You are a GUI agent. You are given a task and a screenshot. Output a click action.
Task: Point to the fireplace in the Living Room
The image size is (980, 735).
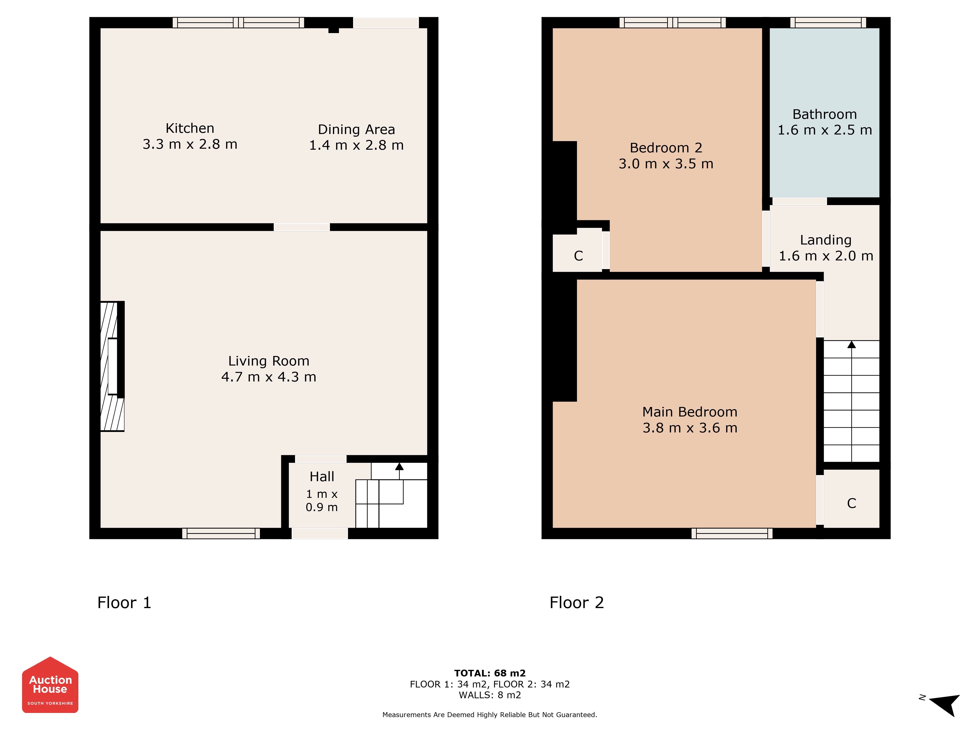(112, 366)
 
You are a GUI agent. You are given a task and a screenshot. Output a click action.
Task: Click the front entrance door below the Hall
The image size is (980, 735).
(319, 533)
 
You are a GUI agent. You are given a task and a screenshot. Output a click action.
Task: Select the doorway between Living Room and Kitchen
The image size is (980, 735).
(302, 227)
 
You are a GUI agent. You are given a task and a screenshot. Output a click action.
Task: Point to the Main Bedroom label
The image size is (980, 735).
(690, 412)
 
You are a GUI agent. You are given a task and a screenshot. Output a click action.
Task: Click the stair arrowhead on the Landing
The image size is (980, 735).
(852, 344)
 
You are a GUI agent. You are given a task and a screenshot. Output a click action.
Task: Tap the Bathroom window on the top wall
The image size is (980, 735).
(828, 23)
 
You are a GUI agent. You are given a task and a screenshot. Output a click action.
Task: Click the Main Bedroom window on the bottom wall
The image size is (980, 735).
(732, 533)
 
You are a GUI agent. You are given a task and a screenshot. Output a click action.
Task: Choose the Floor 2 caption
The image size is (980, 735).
(576, 602)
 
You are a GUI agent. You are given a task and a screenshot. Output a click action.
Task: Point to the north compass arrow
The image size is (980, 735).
(944, 705)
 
